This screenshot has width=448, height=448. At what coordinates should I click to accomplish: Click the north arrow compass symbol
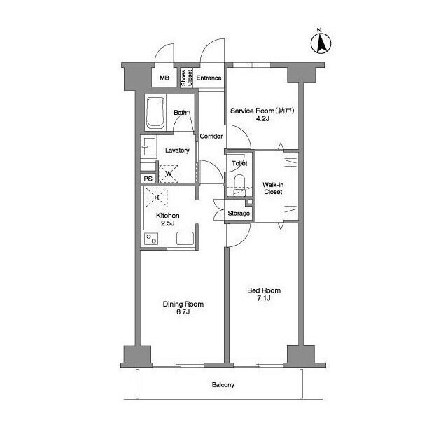(321, 43)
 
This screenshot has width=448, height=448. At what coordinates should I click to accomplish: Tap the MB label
(164, 78)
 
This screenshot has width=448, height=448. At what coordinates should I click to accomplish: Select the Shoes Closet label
(187, 78)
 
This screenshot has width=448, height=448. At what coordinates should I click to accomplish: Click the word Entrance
(209, 78)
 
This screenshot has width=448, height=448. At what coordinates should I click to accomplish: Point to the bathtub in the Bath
(155, 113)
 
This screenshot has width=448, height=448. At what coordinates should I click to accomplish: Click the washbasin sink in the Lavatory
(149, 146)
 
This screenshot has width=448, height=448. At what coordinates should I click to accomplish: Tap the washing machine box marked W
(169, 174)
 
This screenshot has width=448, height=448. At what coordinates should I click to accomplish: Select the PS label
(148, 179)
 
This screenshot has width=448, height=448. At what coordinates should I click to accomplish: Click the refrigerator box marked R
(157, 197)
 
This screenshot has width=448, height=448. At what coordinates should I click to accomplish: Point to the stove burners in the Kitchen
(151, 239)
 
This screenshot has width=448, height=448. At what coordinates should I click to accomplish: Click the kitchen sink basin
(185, 239)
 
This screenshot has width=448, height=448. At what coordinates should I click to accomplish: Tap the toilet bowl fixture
(239, 185)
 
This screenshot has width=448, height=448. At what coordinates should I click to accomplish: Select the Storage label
(239, 213)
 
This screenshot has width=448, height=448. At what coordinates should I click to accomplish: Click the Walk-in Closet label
(273, 188)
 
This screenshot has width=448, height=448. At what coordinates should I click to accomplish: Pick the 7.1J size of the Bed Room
(264, 299)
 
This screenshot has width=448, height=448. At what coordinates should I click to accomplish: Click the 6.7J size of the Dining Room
(183, 312)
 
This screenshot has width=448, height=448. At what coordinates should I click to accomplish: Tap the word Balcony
(223, 385)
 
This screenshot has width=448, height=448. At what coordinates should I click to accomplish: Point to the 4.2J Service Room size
(262, 118)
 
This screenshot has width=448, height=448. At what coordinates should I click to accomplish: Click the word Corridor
(211, 136)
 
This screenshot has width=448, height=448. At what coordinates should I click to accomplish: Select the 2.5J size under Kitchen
(168, 223)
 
